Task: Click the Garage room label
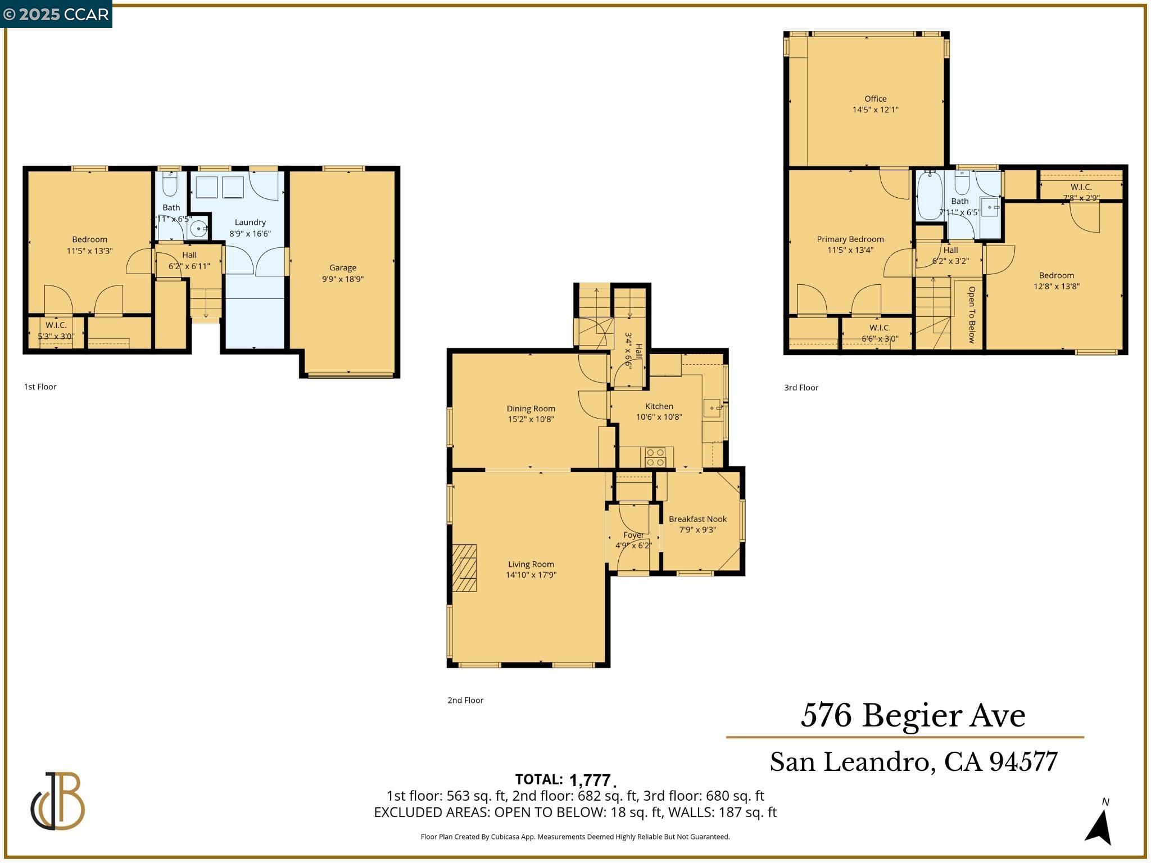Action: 342,268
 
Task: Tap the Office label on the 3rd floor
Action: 875,99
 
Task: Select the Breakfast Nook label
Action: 697,519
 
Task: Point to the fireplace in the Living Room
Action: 465,568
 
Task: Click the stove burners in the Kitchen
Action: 655,457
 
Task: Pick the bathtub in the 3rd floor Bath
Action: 930,196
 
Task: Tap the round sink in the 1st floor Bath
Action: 198,229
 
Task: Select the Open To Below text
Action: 971,315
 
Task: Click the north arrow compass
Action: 1099,824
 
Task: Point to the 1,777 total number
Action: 590,780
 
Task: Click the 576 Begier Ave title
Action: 913,716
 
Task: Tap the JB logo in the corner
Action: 58,801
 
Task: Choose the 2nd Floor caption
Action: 465,700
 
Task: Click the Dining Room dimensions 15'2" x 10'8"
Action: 531,419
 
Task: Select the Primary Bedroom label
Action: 850,239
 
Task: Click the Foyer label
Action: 633,535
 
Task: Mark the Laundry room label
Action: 250,222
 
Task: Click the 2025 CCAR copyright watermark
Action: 56,14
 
